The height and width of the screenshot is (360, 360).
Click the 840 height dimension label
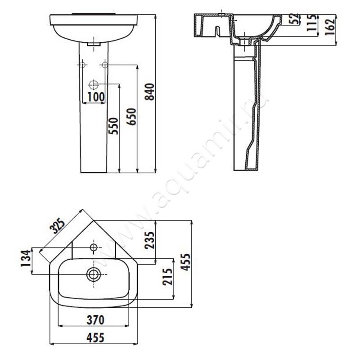pyautogui.click(x=150, y=92)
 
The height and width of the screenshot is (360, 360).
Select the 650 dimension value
pyautogui.click(x=132, y=117)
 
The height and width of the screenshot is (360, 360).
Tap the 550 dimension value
pyautogui.click(x=114, y=126)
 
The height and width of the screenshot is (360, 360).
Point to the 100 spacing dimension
pyautogui.click(x=96, y=97)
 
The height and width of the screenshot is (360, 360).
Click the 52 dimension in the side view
pyautogui.click(x=295, y=18)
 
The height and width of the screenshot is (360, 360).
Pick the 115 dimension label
pyautogui.click(x=312, y=22)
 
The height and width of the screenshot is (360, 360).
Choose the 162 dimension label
pyautogui.click(x=330, y=27)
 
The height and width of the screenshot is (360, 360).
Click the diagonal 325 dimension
pyautogui.click(x=58, y=226)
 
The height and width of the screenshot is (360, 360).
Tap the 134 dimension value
pyautogui.click(x=26, y=258)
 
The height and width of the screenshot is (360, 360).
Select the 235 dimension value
pyautogui.click(x=149, y=240)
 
